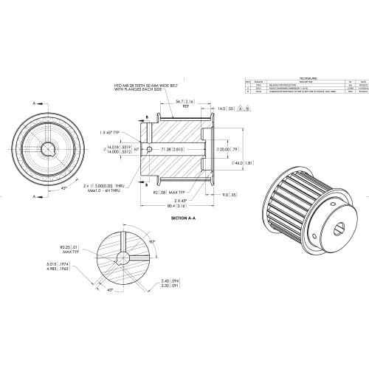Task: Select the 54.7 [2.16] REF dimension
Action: point(185,103)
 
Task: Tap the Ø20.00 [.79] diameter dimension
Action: point(224,148)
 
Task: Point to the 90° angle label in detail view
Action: point(153,241)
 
